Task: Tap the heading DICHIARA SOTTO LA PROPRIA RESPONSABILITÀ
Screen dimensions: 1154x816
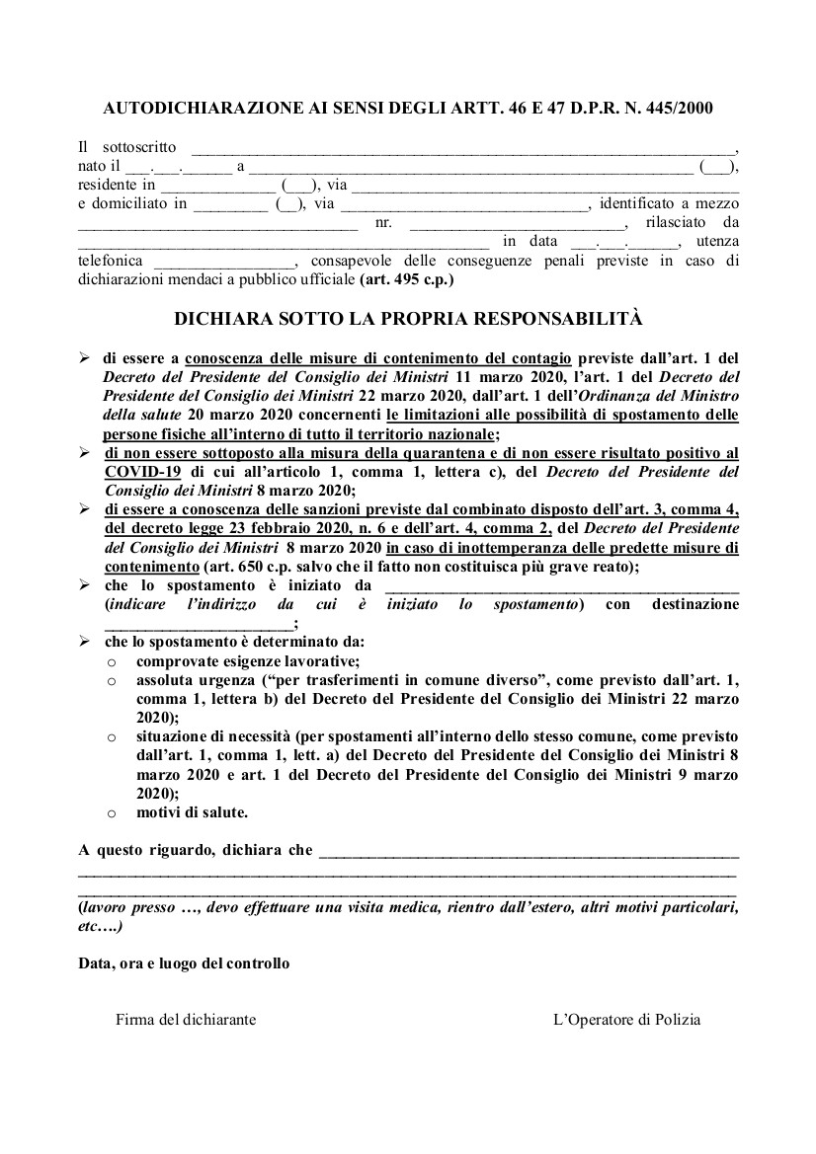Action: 408,320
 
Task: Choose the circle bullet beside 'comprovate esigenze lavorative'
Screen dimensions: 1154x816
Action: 113,661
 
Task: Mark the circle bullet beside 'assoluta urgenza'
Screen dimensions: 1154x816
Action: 113,681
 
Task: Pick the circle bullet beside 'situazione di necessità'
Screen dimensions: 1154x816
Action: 113,737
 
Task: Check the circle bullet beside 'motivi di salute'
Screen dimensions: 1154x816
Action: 113,813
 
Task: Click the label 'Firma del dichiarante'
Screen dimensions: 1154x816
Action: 186,1020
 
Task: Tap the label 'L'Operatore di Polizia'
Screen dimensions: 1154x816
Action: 626,1020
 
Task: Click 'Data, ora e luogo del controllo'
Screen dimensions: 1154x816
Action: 184,962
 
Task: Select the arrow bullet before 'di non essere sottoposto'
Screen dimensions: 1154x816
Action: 85,453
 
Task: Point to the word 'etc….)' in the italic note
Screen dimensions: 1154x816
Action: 100,927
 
